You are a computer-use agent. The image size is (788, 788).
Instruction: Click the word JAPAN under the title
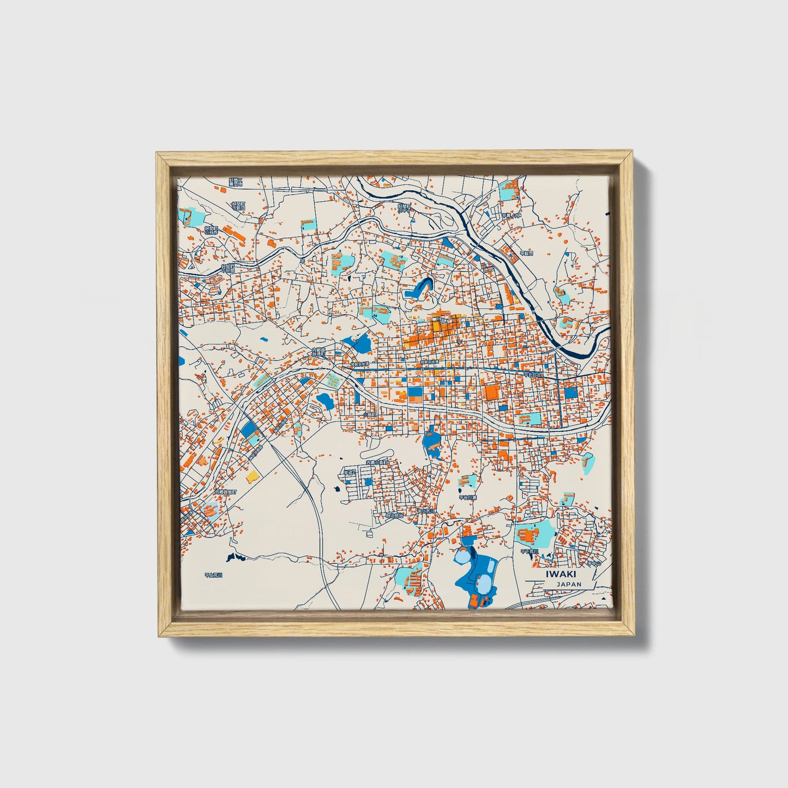[569, 584]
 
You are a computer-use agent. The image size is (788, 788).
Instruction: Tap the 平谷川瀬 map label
[467, 497]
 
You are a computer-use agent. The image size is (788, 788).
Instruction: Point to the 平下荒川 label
[528, 551]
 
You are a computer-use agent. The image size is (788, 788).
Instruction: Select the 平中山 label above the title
[593, 563]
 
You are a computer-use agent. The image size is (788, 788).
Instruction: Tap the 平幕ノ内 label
[512, 215]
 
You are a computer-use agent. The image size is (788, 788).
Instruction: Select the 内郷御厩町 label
[226, 492]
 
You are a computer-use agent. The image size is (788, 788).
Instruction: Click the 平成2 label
[349, 472]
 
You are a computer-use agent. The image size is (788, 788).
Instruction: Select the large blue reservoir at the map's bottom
[477, 573]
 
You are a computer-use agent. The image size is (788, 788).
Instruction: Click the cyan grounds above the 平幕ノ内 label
[510, 190]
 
